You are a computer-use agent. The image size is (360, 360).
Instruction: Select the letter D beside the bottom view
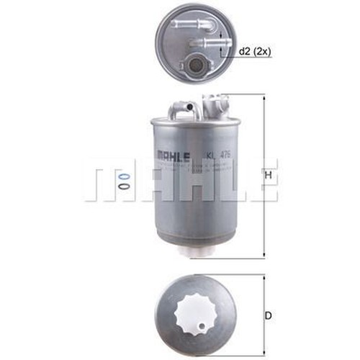tap(268, 314)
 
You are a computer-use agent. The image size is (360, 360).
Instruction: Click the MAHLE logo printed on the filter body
tap(171, 153)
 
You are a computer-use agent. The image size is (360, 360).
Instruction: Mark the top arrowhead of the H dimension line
tap(264, 99)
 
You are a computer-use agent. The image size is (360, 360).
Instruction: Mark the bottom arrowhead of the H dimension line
tap(264, 256)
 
